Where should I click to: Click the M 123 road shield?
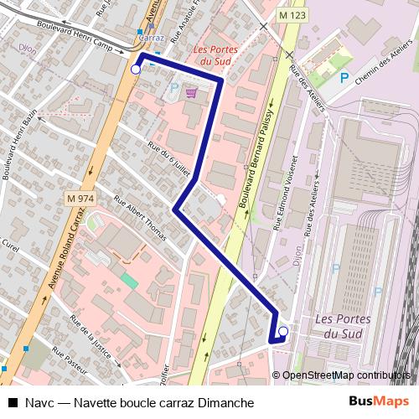[x=292, y=15]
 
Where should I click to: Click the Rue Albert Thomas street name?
[x=140, y=216]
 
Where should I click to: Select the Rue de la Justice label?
[x=91, y=334]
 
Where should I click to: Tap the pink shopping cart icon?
[x=191, y=93]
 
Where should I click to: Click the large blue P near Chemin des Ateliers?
[x=344, y=78]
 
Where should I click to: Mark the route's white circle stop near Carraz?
[x=136, y=70]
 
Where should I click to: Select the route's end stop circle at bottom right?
[x=283, y=332]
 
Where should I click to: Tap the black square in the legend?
[x=13, y=403]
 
